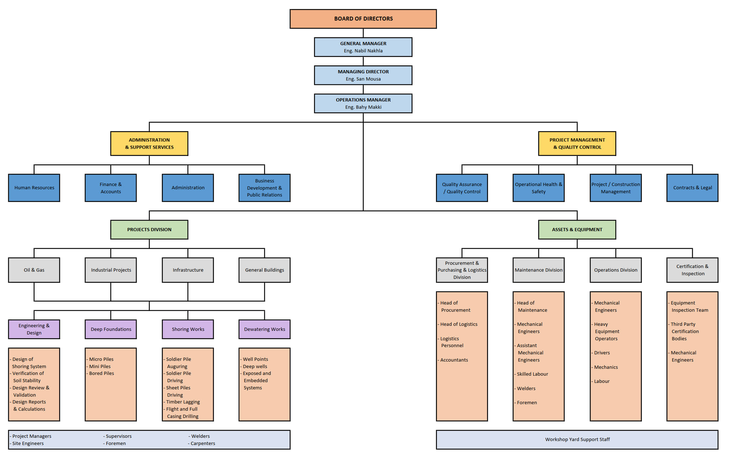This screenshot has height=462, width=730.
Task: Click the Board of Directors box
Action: point(363,19)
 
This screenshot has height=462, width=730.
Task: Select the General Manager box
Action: point(363,47)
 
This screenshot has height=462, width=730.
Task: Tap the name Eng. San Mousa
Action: point(363,79)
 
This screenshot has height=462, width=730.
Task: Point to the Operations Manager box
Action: point(363,103)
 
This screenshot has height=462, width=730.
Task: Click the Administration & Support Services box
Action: point(149,143)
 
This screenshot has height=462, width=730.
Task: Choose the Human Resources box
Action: point(34,188)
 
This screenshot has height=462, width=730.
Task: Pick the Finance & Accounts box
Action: point(111,188)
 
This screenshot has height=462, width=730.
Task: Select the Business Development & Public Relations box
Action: point(264,188)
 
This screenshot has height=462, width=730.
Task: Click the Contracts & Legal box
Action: point(692,188)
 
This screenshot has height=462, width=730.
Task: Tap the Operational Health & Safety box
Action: point(538,188)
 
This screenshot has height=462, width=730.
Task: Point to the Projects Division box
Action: point(149,230)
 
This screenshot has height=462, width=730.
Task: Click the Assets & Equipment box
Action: point(577,230)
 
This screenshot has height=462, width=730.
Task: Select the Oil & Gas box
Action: point(34,270)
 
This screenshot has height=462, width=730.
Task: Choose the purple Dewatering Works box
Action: point(264,329)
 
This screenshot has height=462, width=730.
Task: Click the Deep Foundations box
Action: point(111,329)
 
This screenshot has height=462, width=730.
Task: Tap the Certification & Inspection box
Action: point(692,270)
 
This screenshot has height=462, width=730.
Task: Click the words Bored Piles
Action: point(101,374)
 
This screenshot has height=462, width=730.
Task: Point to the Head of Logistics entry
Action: point(459,324)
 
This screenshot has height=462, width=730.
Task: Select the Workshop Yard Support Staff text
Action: point(577,440)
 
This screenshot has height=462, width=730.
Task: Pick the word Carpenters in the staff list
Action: point(203,444)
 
